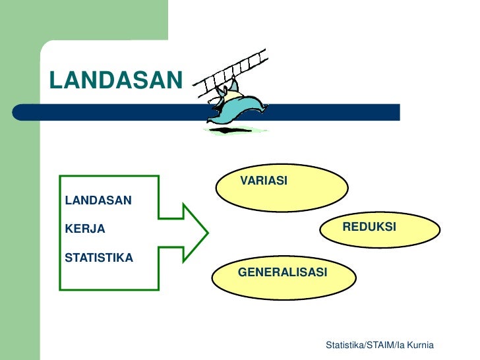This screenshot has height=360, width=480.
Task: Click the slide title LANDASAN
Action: pyautogui.click(x=115, y=80)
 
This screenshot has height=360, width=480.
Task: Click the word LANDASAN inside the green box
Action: pyautogui.click(x=98, y=200)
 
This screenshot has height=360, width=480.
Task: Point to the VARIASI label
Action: pyautogui.click(x=263, y=181)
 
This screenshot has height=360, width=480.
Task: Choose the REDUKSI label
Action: pyautogui.click(x=369, y=227)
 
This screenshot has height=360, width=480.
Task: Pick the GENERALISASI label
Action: pyautogui.click(x=282, y=272)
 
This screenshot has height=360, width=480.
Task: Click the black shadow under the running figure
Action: pyautogui.click(x=227, y=131)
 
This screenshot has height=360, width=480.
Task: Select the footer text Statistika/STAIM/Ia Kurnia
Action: pyautogui.click(x=379, y=346)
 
